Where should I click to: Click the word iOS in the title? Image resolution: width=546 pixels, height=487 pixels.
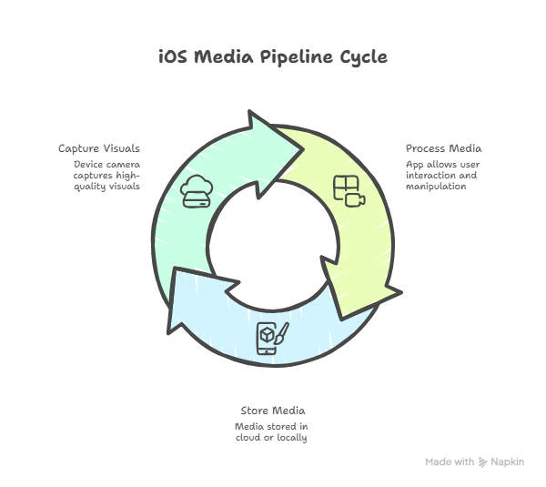(174, 56)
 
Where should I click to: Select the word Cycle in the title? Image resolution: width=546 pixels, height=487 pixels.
(364, 56)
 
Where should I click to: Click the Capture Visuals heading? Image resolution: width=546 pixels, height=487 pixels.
(99, 148)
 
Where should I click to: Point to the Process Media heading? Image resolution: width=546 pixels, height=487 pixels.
(444, 148)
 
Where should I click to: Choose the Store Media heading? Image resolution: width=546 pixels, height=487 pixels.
(272, 410)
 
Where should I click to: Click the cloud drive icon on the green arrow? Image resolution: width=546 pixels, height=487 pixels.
(197, 193)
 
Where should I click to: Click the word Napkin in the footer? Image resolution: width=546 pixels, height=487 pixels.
(508, 462)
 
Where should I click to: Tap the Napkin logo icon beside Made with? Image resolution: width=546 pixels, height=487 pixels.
(482, 462)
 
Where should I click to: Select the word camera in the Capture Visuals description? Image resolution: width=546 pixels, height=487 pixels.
(122, 165)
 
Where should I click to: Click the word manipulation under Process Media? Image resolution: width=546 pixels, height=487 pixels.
(437, 186)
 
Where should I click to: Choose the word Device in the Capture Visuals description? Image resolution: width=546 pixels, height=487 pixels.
(88, 165)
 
